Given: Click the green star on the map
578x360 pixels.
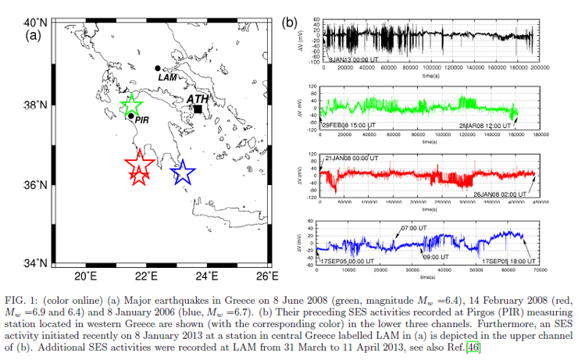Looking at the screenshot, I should [132, 105].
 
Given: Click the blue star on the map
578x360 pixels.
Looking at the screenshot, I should [182, 173].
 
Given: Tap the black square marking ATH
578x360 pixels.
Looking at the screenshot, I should [198, 109].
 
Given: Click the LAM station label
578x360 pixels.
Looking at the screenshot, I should [168, 77].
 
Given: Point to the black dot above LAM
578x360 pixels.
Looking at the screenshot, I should [158, 69].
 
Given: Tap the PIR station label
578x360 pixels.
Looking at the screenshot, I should [142, 119].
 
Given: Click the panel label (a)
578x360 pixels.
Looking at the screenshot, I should [34, 35].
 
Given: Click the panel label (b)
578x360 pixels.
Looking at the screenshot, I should [291, 23].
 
